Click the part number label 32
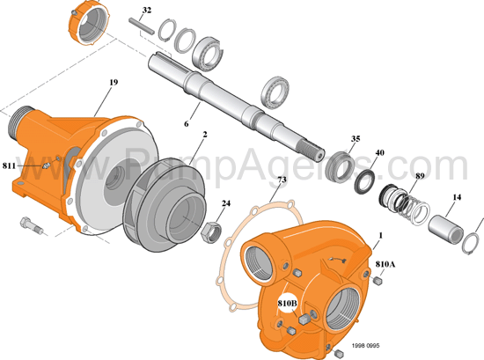[x=147, y=11]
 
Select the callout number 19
[x=114, y=83]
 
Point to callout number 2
[x=204, y=136]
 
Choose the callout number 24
[x=226, y=203]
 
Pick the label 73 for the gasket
[x=281, y=180]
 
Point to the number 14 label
[x=457, y=198]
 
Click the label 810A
[x=385, y=264]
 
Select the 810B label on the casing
[x=287, y=304]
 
